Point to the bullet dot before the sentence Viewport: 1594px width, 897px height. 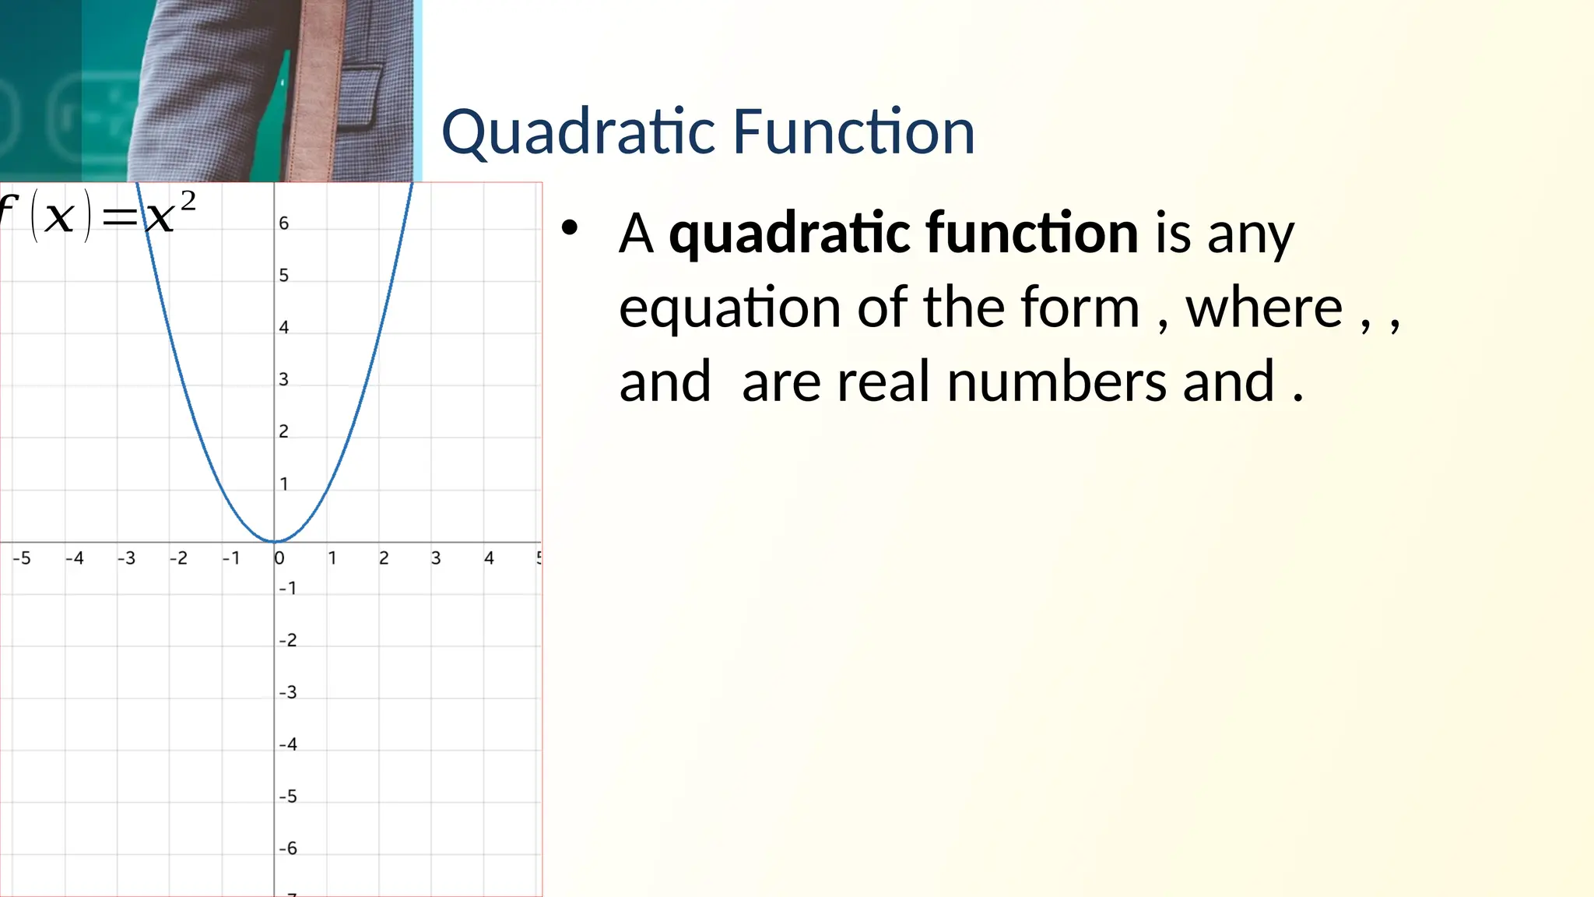570,228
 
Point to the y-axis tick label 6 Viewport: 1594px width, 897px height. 284,223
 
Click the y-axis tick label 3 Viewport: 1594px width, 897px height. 284,380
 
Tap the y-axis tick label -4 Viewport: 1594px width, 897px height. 288,744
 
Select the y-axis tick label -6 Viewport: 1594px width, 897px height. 288,849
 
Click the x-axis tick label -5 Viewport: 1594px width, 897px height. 22,558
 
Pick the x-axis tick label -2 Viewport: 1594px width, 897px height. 178,558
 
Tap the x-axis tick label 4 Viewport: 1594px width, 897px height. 489,558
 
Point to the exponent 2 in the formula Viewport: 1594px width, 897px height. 188,202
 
